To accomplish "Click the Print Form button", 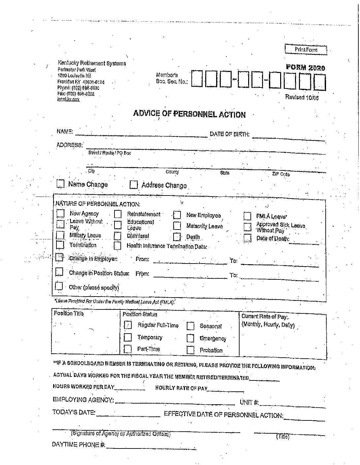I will (306, 50).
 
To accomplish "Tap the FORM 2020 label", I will (305, 68).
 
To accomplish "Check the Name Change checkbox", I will (60, 184).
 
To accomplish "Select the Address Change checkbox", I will (134, 185).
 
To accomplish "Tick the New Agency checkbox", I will (60, 213).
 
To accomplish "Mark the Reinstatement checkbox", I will (118, 214).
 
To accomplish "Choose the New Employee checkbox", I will (177, 215).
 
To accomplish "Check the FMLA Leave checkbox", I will (247, 216).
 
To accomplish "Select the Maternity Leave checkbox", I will (177, 226).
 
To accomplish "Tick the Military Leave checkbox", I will (60, 235).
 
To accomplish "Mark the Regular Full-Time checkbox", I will (128, 325).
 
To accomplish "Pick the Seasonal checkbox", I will (190, 326).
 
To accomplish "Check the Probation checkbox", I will (190, 350).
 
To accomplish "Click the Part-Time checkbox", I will (128, 349).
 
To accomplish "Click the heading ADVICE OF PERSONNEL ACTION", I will (189, 114).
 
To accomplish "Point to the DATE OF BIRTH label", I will (230, 134).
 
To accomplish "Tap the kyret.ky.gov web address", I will (68, 99).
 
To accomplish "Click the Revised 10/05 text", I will (302, 97).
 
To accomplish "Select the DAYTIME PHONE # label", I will (79, 445).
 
